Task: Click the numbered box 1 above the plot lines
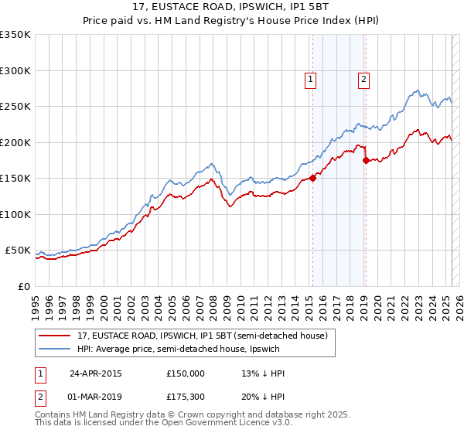coord(310,78)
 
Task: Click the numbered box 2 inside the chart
coord(363,78)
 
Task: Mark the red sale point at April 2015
coord(313,178)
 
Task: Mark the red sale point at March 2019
coord(366,160)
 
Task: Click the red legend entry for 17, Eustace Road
coord(202,336)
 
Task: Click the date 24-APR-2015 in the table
coord(95,373)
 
